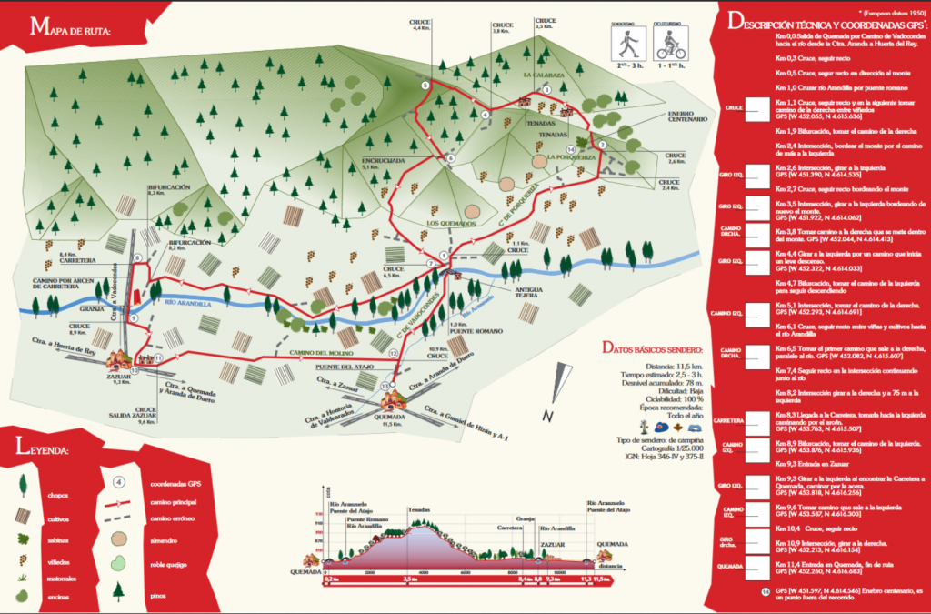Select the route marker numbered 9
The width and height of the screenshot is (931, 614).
coord(133,318)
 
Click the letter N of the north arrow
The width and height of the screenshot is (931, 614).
coord(547,417)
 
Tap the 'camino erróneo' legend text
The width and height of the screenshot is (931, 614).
coord(175,519)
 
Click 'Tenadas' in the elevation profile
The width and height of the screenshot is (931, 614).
coord(419,509)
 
